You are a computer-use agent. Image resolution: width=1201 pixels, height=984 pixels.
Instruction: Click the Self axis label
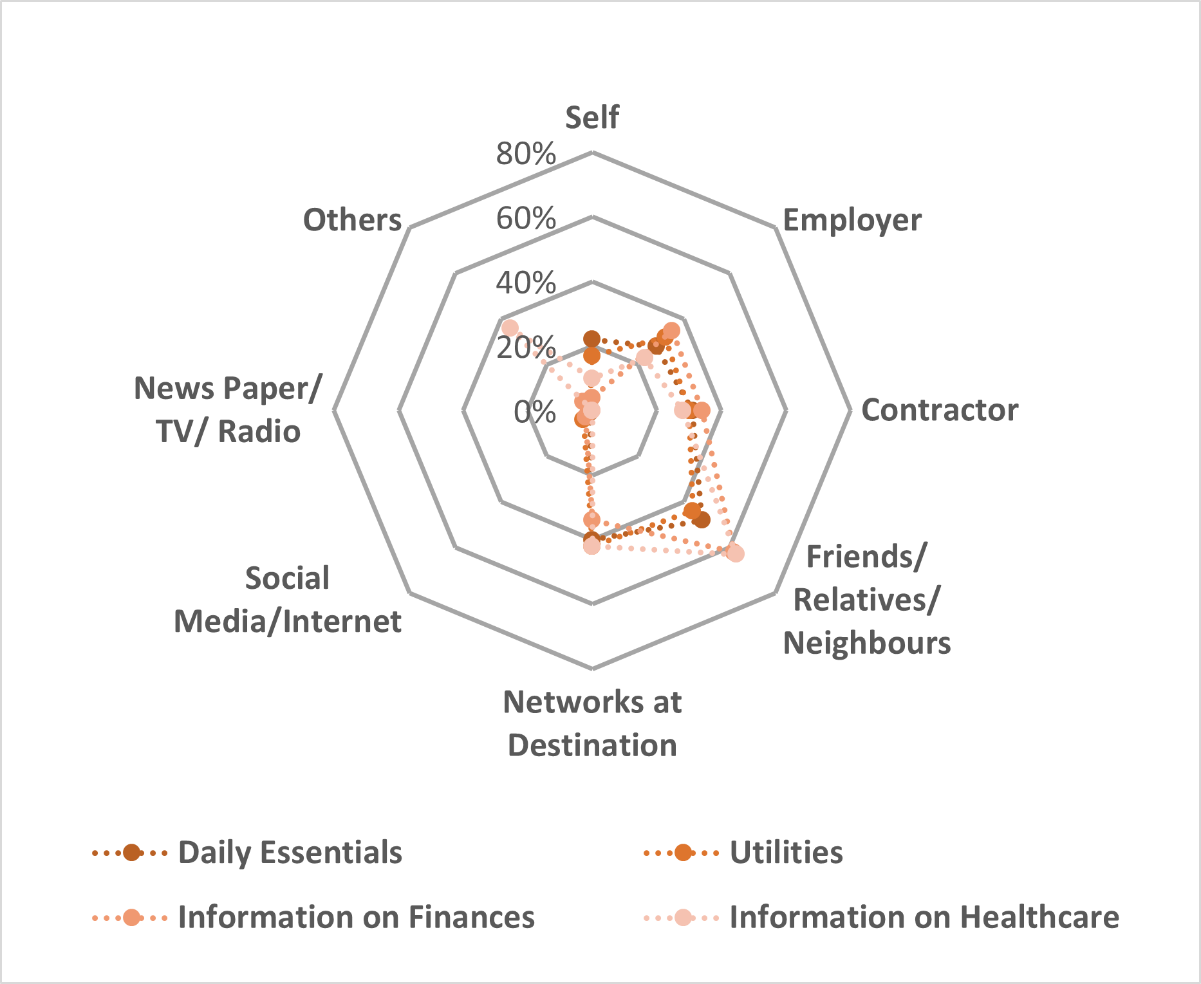591,118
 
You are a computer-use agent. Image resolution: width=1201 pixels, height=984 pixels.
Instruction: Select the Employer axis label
852,220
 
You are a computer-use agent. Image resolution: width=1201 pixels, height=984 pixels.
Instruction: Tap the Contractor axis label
939,410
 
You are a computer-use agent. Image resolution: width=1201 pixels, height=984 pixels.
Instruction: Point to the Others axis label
352,220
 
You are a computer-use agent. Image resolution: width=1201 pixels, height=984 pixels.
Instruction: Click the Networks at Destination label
592,723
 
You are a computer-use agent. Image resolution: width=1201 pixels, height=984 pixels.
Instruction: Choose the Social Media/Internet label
288,600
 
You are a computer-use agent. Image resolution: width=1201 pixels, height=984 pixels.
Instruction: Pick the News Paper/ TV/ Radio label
227,410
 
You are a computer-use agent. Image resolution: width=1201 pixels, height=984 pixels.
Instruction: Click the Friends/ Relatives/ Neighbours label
866,600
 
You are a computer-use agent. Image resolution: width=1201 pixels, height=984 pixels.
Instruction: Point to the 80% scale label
526,154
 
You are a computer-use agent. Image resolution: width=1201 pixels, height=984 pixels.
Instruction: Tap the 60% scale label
526,219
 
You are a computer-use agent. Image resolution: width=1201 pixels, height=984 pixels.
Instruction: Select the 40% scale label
526,283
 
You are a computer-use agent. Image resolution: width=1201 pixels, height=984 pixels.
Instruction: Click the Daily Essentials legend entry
290,853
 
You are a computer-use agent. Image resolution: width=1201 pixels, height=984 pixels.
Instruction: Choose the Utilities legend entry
786,853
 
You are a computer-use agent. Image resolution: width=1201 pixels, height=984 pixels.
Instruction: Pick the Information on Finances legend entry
356,917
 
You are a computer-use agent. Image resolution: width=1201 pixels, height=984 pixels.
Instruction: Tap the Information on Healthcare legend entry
924,917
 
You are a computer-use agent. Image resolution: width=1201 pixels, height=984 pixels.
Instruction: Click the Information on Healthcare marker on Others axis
510,328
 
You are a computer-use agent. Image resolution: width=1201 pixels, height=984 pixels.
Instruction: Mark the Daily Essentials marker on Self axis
591,339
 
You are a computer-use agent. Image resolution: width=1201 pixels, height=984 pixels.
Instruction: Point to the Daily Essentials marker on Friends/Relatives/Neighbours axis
702,519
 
